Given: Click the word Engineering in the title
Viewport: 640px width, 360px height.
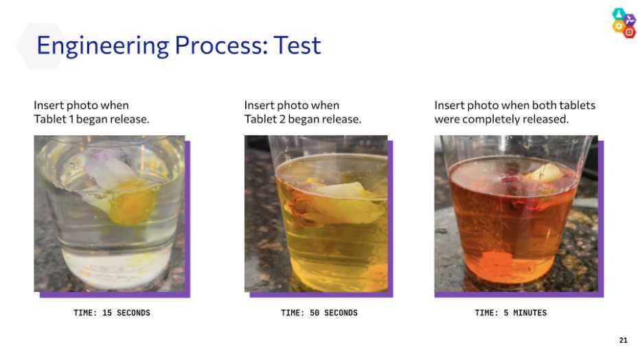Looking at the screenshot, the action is (x=102, y=46).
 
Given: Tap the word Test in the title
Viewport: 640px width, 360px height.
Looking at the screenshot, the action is (x=297, y=45).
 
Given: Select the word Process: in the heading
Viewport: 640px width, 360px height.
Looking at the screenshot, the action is (x=221, y=45).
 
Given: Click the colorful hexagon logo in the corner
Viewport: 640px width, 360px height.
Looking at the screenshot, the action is (x=624, y=23).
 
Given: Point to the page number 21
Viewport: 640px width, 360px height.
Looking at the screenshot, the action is (x=623, y=340).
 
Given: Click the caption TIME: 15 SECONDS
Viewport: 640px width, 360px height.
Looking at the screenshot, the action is (x=112, y=313).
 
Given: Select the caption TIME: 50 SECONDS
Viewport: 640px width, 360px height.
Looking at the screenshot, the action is (x=319, y=313).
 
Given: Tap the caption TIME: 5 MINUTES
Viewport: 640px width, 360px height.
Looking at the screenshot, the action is (x=511, y=313).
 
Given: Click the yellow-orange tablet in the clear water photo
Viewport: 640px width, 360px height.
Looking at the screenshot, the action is (x=132, y=202).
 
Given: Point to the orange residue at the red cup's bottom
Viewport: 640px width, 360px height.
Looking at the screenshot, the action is (x=495, y=262).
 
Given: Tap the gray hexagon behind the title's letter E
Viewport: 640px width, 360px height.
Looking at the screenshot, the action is (x=41, y=46).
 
